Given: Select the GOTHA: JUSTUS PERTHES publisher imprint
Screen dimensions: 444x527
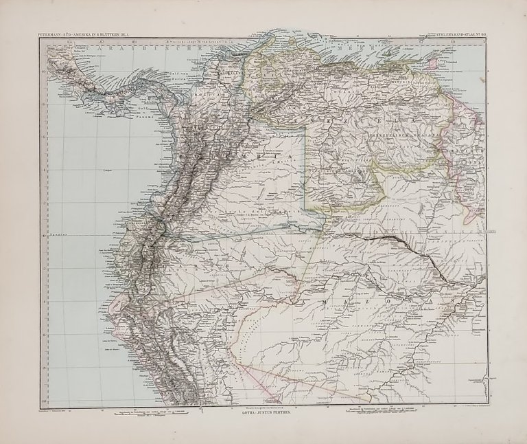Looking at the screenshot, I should pos(263,416).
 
